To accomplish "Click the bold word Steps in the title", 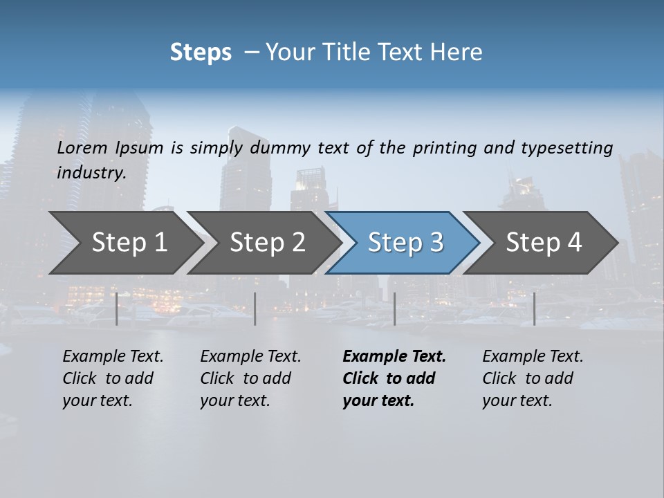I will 201,53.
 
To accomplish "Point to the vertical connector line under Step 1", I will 117,308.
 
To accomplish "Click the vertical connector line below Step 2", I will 255,308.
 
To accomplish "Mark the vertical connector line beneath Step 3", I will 394,308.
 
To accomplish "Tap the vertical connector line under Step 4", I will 534,308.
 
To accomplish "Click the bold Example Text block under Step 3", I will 394,378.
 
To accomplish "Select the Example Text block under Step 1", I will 113,378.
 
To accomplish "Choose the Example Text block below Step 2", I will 250,378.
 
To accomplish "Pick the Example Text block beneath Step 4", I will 533,378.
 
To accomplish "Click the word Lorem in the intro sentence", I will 82,148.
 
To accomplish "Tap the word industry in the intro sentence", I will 91,173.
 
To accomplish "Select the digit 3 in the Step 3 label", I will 436,243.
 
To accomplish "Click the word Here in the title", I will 456,53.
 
